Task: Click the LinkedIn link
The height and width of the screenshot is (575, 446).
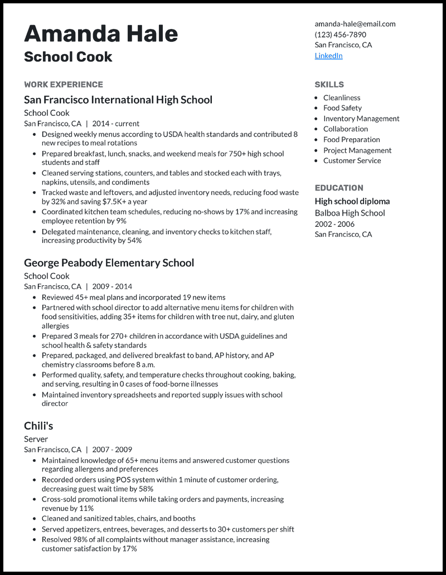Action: pos(328,56)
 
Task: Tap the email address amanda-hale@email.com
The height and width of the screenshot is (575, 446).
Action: pos(355,24)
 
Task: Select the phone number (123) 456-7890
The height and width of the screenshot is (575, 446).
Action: pos(340,35)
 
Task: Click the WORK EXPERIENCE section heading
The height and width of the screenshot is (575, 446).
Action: pos(64,85)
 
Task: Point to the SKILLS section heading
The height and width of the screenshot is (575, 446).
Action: pos(329,85)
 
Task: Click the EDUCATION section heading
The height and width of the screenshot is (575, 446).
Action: pos(338,188)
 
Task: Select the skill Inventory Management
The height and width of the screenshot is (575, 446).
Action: pos(361,119)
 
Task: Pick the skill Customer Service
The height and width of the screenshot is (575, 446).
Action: pos(352,160)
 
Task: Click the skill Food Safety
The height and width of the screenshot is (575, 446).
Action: pos(342,108)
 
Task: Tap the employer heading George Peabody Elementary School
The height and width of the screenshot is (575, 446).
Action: pos(109,262)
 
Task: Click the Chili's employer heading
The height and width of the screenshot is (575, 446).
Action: pos(38,426)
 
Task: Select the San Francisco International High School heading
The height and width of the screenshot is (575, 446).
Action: pos(118,100)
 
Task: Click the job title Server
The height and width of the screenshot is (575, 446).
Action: pos(36,439)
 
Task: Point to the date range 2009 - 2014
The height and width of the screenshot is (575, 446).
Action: pos(112,286)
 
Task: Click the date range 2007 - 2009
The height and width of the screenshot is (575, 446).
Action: pos(112,450)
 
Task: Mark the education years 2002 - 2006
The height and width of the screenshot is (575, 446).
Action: pos(334,223)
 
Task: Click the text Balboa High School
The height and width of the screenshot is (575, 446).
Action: pos(350,213)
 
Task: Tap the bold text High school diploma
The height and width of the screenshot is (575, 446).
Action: pos(352,201)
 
